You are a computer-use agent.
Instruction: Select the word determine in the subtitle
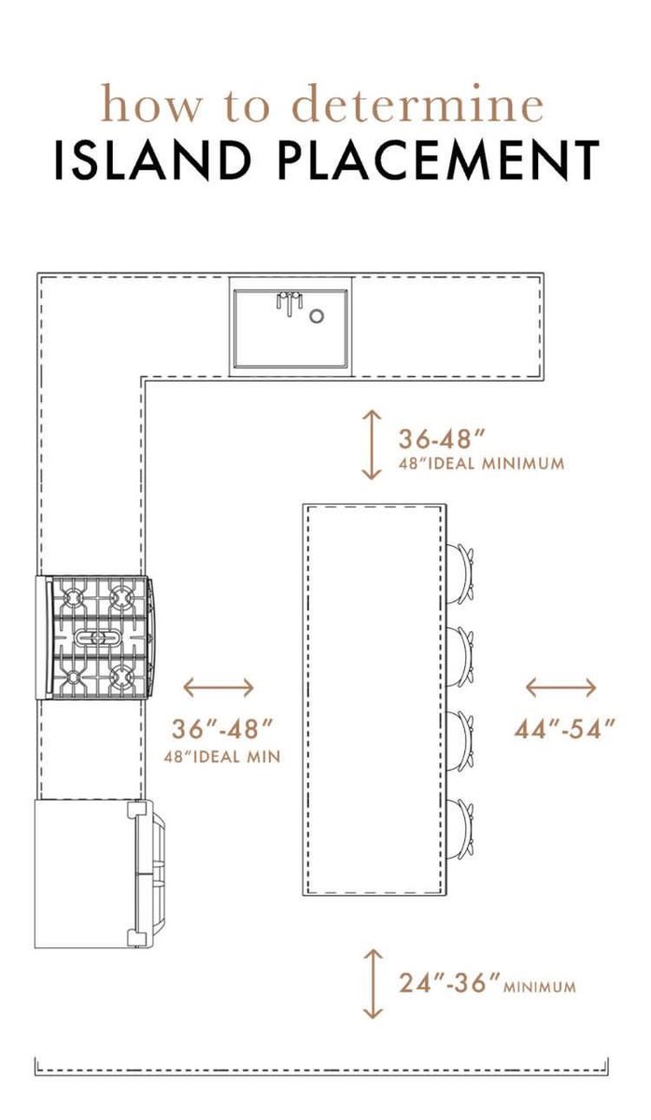point(417,104)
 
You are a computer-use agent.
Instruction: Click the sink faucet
point(290,303)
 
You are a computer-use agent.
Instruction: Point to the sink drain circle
point(317,315)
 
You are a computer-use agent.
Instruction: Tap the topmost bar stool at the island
point(460,573)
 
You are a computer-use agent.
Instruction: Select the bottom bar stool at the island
point(460,829)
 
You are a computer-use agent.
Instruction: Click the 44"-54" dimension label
point(564,729)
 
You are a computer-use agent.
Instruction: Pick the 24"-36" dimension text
point(450,983)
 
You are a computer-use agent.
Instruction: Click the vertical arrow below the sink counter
point(372,445)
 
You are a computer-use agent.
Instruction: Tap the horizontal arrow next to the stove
point(219,688)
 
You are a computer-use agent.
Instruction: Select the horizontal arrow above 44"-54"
point(561,688)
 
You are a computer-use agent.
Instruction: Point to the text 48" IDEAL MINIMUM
point(481,464)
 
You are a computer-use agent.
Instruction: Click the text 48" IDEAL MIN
point(222,757)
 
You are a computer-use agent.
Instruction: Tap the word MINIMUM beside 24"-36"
point(540,987)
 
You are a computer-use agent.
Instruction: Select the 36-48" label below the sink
point(443,439)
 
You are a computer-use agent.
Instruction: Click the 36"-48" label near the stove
point(221,729)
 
